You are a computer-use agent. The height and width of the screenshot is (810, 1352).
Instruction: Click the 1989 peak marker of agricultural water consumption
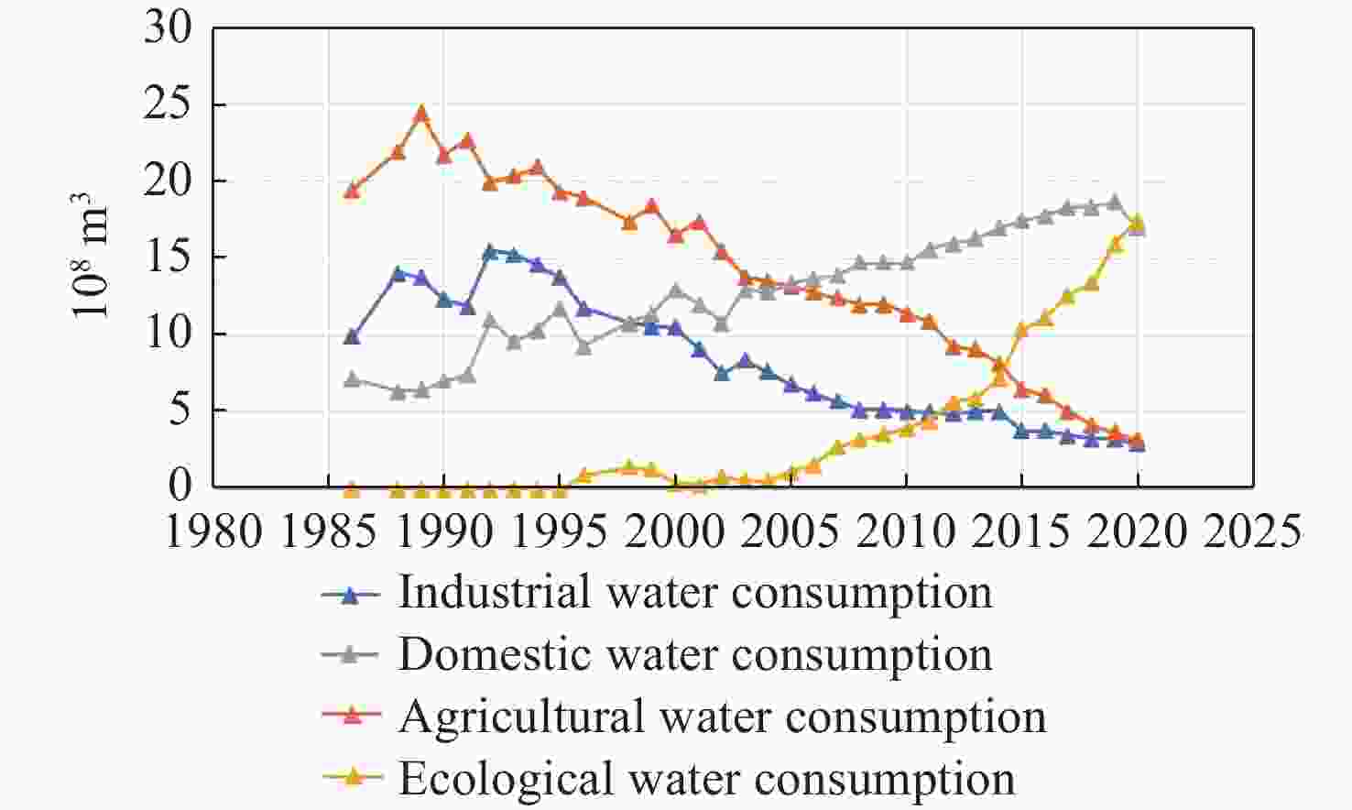point(421,114)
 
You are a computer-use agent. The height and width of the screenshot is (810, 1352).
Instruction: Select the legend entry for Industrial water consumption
point(694,593)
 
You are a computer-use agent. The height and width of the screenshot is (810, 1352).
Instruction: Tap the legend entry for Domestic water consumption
point(694,655)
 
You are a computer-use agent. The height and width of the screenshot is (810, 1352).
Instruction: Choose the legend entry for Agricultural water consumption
point(721,717)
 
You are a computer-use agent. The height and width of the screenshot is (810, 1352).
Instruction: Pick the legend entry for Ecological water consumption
point(705,779)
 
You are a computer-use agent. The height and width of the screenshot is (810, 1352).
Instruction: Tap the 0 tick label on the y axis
point(180,486)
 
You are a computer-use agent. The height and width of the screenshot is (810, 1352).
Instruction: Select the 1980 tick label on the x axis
point(213,531)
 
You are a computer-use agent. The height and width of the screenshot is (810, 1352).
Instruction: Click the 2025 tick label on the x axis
point(1253,531)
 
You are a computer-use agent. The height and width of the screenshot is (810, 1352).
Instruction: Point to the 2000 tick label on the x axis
point(675,531)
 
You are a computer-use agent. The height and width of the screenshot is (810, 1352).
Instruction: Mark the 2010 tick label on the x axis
point(906,531)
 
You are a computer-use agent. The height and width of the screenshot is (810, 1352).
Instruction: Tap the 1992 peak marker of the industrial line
point(490,251)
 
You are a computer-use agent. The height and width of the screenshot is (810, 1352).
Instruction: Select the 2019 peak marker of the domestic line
point(1115,202)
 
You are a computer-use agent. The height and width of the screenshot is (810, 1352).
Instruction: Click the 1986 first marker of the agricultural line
point(352,191)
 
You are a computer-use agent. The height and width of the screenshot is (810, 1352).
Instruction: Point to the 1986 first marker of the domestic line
point(352,378)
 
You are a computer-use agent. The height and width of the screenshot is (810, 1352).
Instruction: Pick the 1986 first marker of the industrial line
point(352,336)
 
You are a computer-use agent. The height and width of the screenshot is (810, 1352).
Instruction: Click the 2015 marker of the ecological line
point(1022,329)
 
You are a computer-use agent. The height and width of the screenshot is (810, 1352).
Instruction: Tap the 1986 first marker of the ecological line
point(352,489)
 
